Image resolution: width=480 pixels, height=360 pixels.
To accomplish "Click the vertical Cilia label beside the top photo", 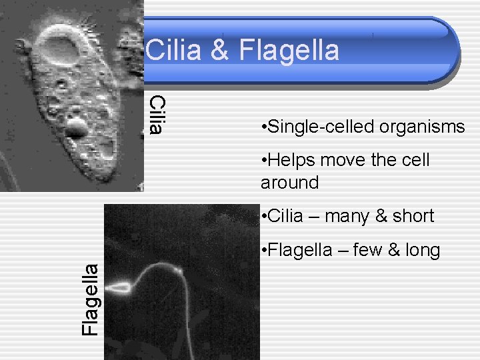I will point(156,114).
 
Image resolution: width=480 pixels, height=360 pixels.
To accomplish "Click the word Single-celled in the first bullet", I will point(310,127).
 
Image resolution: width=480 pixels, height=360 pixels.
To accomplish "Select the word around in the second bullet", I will point(290,182).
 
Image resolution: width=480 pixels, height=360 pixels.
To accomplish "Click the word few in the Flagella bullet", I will point(367,250).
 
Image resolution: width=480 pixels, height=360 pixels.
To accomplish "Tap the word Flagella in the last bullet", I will point(299,250).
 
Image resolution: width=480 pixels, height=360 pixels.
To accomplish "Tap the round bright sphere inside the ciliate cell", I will point(76,128).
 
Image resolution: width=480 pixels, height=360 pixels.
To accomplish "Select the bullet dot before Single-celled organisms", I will point(265,127).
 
